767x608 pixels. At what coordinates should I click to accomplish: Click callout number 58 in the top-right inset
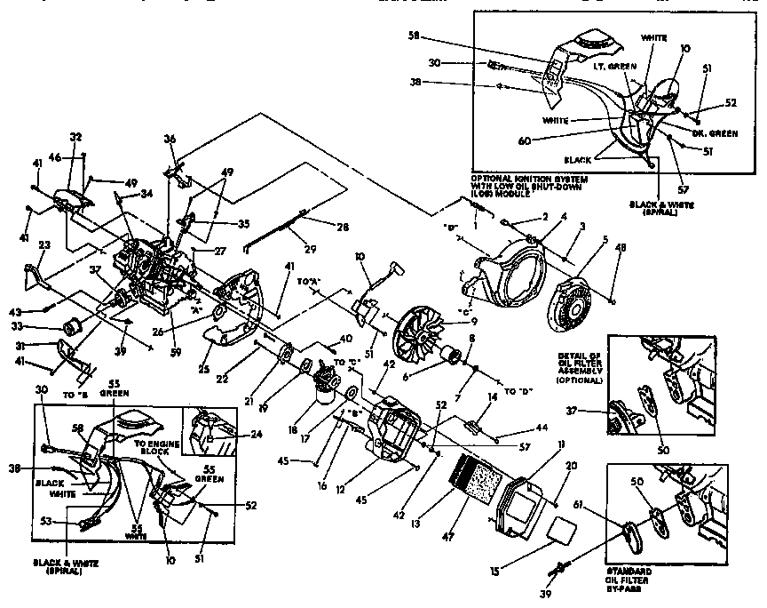(414, 37)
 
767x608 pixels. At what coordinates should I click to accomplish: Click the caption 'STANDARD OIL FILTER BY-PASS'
(653, 581)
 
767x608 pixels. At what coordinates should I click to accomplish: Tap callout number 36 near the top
(171, 140)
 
